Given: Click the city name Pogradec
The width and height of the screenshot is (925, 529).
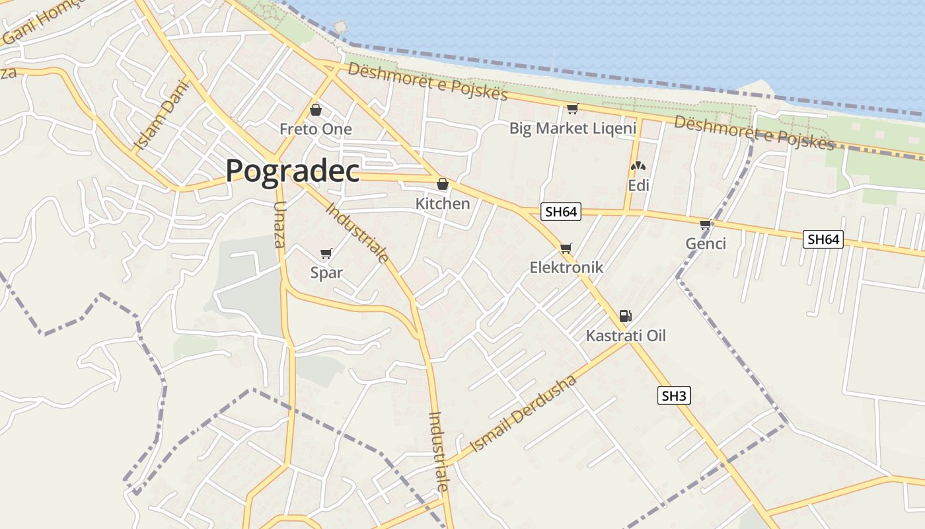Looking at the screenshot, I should (293, 171).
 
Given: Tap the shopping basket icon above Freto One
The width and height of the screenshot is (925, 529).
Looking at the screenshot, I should (316, 110).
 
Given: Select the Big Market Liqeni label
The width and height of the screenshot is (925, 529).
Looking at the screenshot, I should (572, 128).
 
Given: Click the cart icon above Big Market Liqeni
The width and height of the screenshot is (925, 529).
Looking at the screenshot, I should (572, 109).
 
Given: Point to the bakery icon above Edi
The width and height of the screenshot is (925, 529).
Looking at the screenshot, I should (638, 167).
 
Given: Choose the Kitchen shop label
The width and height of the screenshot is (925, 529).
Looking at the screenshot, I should (443, 204).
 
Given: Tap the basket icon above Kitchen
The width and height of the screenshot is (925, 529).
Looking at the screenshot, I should (443, 184).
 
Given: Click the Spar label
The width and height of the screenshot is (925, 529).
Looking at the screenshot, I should (326, 272).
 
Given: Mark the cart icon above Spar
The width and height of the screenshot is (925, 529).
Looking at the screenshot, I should (326, 253).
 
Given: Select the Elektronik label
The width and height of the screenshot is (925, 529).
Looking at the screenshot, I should (566, 267).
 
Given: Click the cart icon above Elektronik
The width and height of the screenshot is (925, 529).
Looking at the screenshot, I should (566, 248).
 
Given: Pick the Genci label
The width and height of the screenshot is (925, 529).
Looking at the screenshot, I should (706, 243).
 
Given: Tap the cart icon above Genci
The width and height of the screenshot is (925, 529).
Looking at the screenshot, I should (706, 225).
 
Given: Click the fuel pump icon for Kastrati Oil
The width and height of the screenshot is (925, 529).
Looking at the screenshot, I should (625, 316).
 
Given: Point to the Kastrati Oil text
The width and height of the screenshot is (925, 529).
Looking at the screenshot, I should (626, 336).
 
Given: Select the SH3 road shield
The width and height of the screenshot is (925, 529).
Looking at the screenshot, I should (675, 396).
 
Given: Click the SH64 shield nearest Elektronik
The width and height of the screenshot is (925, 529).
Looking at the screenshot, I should (560, 212).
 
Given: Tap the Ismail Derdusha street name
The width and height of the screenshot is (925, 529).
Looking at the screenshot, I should (523, 414).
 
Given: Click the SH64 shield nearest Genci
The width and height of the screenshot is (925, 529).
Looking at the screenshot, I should (823, 239).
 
